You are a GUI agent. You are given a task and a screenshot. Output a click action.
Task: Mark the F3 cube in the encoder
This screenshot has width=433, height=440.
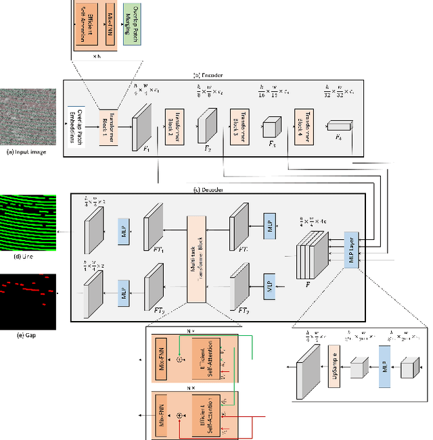271,128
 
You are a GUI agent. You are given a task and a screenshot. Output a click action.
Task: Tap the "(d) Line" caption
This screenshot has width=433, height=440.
26,256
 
